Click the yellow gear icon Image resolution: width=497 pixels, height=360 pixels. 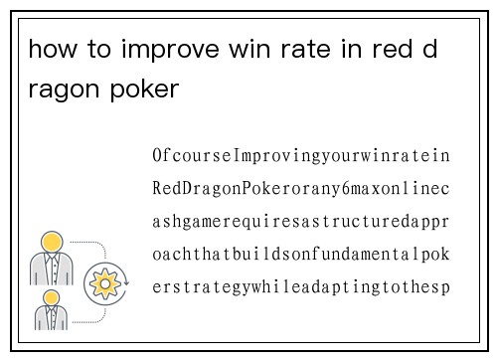tap(102, 284)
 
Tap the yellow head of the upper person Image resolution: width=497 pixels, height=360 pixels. tap(51, 242)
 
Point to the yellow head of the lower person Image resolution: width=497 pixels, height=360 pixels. tap(51, 297)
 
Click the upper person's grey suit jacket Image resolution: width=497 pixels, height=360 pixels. tap(51, 268)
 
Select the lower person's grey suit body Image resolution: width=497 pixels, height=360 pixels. tap(51, 318)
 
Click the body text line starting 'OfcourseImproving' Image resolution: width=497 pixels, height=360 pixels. tap(301, 156)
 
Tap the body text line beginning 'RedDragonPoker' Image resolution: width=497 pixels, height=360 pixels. tap(301, 189)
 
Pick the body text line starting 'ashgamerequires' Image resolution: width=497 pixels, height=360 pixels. tap(301, 222)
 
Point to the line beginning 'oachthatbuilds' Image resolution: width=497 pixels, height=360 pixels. tap(301, 255)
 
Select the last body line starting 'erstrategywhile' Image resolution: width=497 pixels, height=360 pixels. tap(301, 287)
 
